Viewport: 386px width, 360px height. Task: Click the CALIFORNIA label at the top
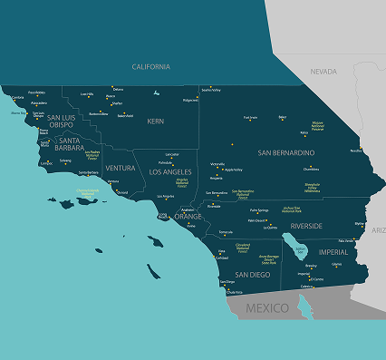(150, 66)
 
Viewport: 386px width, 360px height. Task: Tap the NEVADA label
(323, 71)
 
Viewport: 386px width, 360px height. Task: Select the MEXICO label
(267, 308)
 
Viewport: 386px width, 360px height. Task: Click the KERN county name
(157, 121)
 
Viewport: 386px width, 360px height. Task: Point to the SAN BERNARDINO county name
(286, 152)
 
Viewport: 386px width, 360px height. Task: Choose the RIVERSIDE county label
(306, 225)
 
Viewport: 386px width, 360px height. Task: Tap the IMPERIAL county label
(333, 251)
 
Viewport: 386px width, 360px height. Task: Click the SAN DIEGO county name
(252, 274)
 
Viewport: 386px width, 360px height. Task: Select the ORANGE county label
(188, 217)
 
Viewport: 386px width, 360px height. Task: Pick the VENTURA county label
(120, 168)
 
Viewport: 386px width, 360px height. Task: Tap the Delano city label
(118, 89)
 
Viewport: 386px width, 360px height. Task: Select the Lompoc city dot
(47, 161)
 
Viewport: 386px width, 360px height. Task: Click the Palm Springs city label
(259, 210)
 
